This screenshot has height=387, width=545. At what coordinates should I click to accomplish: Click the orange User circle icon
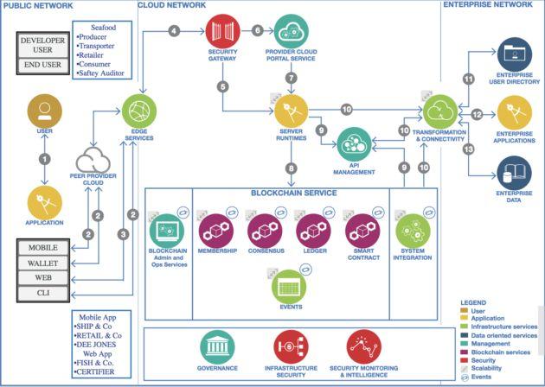(x=45, y=111)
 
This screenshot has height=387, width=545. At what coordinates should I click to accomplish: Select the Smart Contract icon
(x=362, y=230)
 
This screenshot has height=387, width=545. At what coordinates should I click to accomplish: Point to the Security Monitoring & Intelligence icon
(x=363, y=346)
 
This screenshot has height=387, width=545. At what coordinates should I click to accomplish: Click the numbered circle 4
(x=175, y=31)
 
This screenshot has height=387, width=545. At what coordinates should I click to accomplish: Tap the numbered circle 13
(x=468, y=149)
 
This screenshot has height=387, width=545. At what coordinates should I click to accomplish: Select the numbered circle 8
(x=290, y=168)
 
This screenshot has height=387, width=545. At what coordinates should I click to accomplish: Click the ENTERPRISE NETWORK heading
(x=487, y=5)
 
